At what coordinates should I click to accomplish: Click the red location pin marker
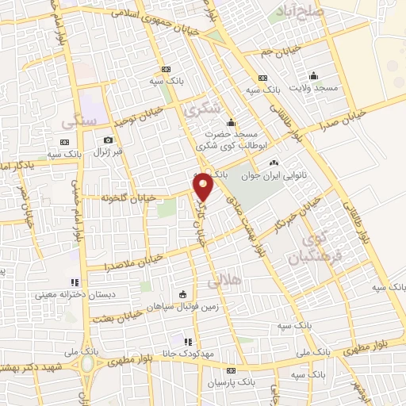tap(204, 187)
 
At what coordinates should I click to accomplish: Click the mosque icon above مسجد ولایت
tap(314, 76)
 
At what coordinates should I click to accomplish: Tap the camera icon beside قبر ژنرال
tap(109, 140)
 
